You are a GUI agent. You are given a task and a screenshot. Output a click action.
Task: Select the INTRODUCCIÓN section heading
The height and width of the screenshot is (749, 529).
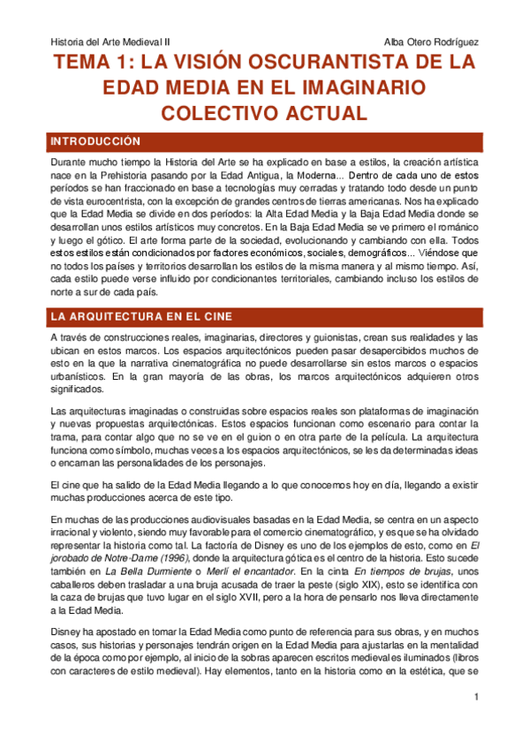click(95, 141)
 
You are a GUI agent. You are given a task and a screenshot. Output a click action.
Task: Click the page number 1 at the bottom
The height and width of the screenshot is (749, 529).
click(475, 723)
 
